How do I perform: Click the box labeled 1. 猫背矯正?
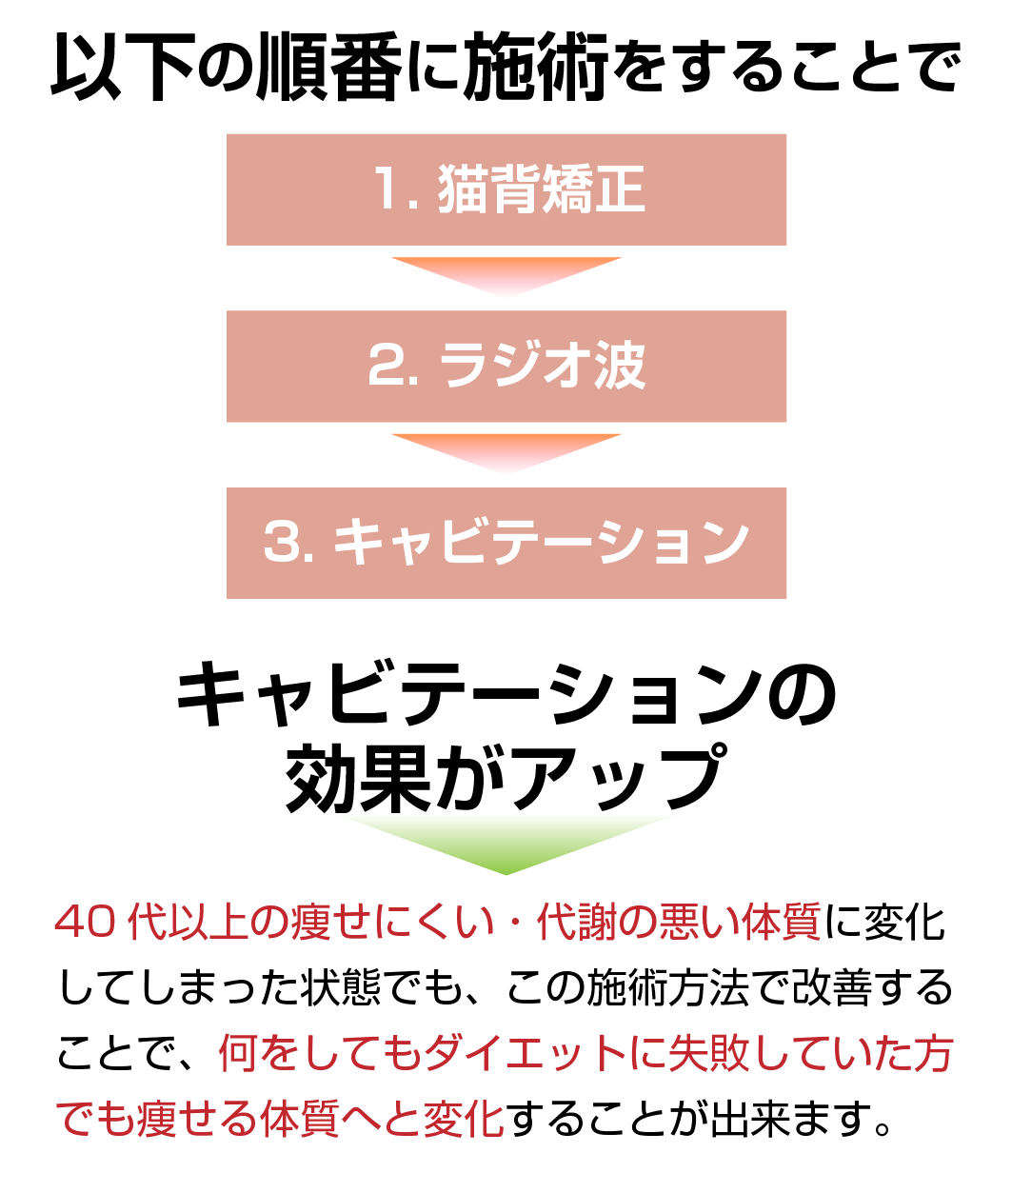(x=506, y=189)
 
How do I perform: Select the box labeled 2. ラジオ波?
(x=506, y=367)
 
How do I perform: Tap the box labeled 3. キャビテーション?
(x=506, y=543)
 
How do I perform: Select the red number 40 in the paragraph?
(x=87, y=925)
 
